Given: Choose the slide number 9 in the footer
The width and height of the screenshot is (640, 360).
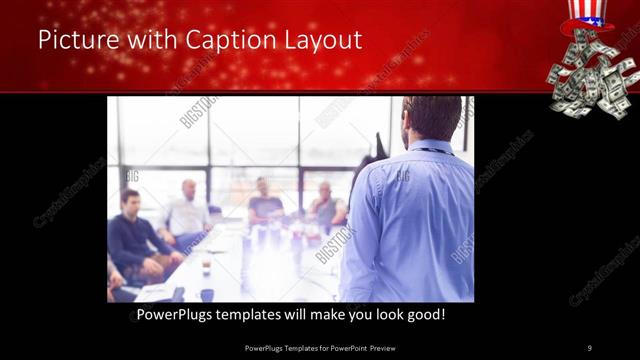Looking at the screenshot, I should click(x=590, y=348).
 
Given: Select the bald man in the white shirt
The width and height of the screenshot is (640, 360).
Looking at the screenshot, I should click(x=187, y=211).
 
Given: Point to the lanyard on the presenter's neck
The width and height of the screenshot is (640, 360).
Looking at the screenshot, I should click(x=432, y=150).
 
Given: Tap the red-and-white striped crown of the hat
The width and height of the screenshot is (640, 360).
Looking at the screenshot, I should click(x=587, y=7).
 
